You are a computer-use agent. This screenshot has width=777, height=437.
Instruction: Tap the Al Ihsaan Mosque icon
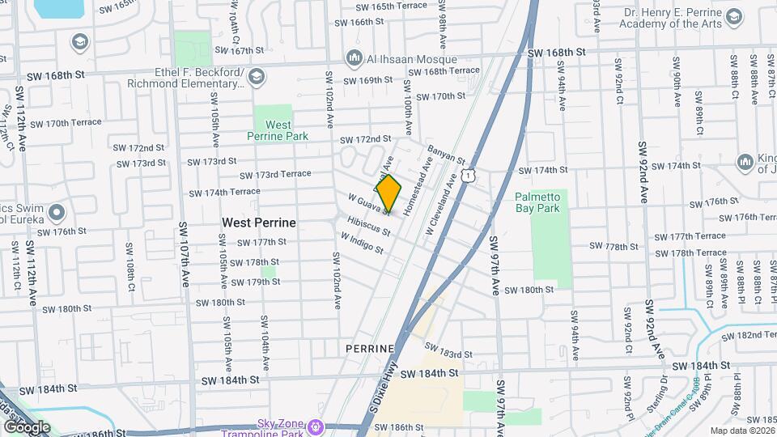pos(354,59)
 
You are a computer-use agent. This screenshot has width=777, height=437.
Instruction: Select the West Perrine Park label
pos(278,130)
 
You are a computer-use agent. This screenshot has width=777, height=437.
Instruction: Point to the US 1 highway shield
pos(467,176)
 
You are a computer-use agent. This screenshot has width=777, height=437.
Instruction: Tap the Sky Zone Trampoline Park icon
pos(315,426)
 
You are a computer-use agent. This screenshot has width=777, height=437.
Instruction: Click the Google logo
pos(27,426)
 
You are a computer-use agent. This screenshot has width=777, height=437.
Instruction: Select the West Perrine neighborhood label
pos(259,222)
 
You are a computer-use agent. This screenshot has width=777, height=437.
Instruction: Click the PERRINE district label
pos(369,347)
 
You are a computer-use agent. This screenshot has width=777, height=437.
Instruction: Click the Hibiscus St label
pos(368,226)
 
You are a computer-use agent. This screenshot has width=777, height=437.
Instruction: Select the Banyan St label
pos(446,154)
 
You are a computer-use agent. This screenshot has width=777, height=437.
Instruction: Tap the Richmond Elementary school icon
pos(257,77)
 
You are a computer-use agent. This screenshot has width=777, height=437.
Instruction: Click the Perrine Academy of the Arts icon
pos(733,17)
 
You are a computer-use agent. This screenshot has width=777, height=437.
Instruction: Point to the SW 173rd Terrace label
pos(275,175)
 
